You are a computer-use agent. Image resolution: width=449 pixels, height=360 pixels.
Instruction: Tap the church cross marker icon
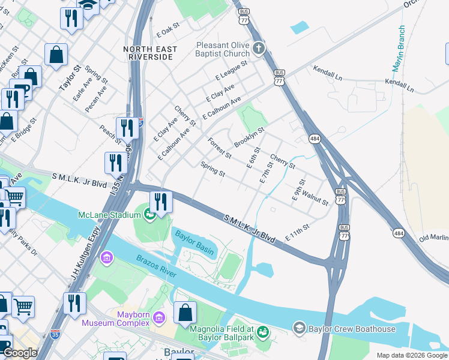coord(259,48)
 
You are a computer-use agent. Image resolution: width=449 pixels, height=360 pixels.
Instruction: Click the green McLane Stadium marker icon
coord(149,214)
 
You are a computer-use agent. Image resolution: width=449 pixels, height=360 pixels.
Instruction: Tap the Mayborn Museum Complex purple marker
coord(159,317)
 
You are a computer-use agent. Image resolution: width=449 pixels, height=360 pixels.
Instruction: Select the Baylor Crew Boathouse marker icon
coord(299,328)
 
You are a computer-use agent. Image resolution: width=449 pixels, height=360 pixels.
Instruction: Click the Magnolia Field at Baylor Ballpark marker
coord(262,332)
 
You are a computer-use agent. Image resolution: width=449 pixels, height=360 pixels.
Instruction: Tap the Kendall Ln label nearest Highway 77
coord(327,73)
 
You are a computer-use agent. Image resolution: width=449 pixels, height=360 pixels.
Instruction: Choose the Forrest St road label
coord(219,148)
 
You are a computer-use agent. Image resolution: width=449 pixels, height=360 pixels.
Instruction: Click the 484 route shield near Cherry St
coord(315,139)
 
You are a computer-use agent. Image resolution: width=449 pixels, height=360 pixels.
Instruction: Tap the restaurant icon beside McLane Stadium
coord(160,202)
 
